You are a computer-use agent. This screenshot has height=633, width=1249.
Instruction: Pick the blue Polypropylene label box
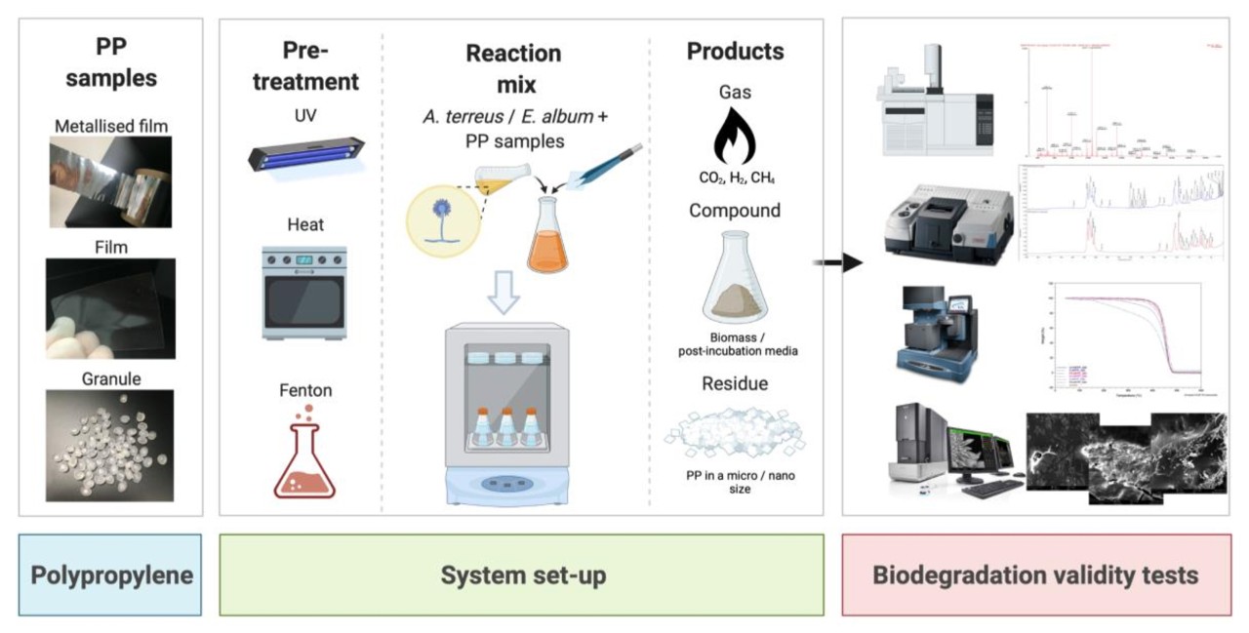110,574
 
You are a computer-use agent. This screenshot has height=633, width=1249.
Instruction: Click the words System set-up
522,575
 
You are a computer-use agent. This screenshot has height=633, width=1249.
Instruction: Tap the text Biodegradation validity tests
1034,575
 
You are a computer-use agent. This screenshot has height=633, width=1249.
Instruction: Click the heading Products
735,52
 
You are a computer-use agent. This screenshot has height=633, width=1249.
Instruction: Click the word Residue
735,383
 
